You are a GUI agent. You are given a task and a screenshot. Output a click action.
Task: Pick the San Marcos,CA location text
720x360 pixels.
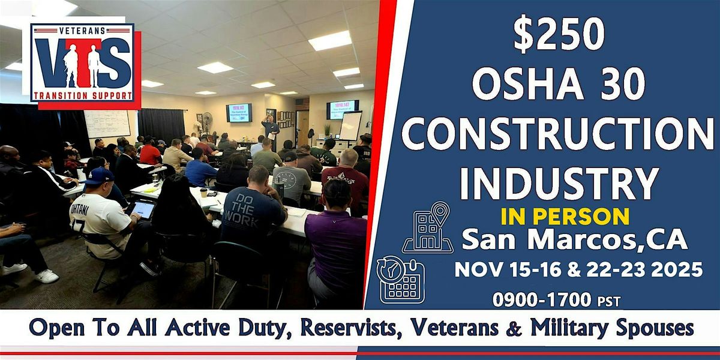pos(574,239)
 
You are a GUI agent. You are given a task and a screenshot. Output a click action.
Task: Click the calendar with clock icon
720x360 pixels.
pos(401,279)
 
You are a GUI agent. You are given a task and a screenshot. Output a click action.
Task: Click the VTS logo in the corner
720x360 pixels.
pos(83,64)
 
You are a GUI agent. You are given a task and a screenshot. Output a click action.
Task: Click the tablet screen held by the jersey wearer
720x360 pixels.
pos(143,209)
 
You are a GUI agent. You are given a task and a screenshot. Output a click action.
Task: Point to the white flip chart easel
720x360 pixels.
pos(350,126)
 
